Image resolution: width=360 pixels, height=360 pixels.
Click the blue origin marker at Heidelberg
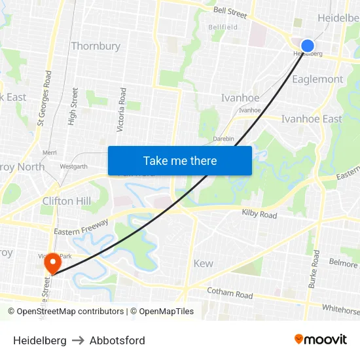click(307, 46)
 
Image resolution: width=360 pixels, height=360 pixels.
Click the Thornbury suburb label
click(96, 46)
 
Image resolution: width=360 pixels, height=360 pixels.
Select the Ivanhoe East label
click(311, 118)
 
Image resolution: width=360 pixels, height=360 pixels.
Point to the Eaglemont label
click(317, 79)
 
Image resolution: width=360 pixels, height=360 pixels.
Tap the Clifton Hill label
click(67, 201)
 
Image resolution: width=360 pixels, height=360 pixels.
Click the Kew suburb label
click(204, 263)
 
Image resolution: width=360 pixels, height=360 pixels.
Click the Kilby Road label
click(259, 215)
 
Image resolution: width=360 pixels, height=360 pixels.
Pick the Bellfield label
click(223, 27)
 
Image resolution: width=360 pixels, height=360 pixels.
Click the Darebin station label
click(223, 139)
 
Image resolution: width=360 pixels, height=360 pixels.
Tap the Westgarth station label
click(73, 167)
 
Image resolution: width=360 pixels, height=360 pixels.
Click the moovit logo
click(321, 340)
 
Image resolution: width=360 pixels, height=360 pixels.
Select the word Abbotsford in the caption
click(117, 340)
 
